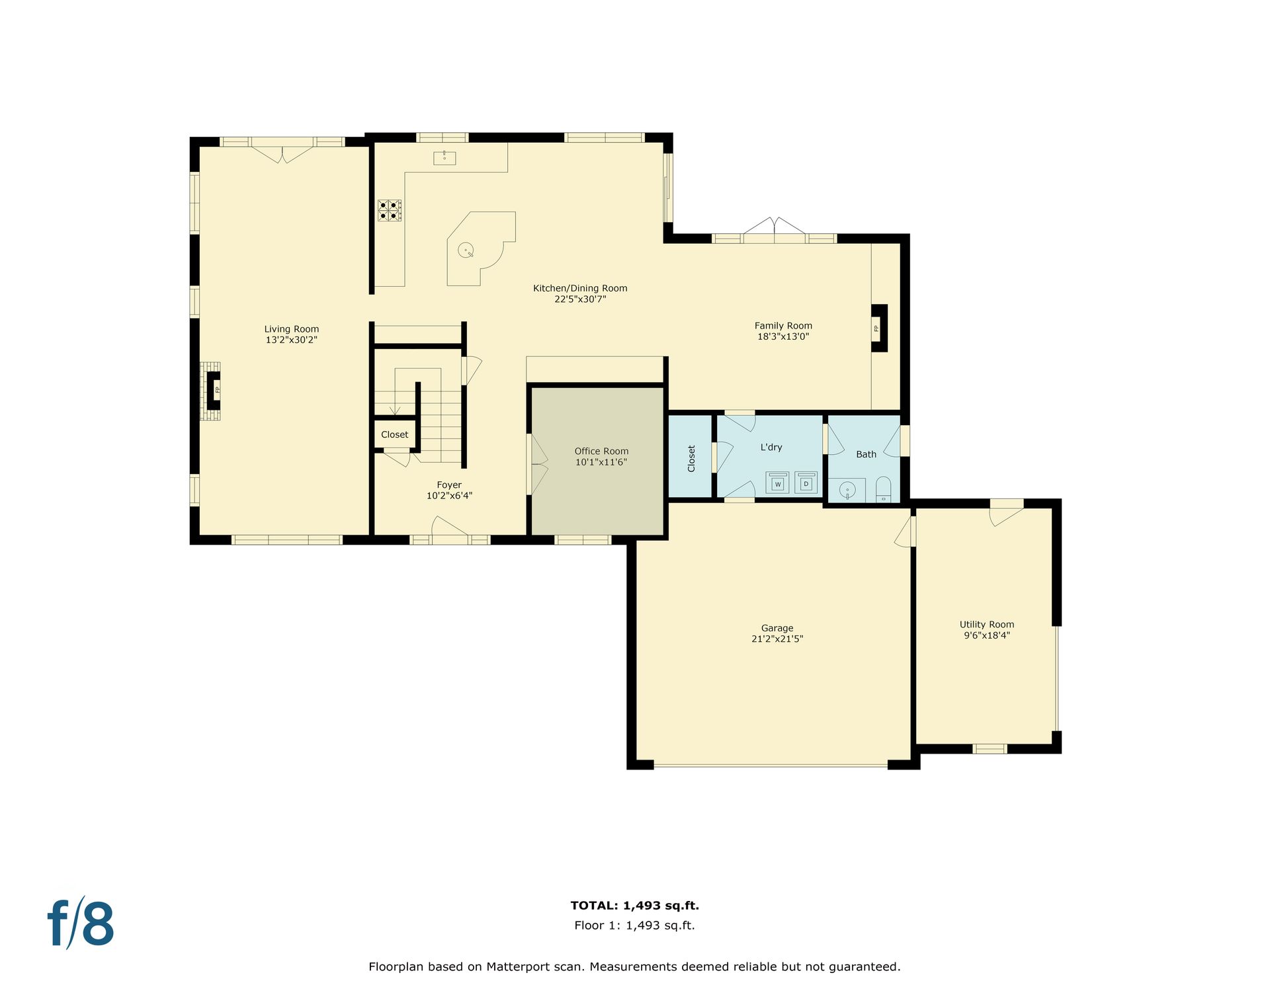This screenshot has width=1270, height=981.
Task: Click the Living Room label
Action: click(292, 329)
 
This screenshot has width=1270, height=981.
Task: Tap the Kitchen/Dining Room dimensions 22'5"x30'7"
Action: click(580, 299)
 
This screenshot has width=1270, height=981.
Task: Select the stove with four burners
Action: click(390, 210)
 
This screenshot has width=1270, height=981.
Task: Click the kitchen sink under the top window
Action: click(444, 157)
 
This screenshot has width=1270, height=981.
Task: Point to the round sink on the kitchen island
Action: click(466, 250)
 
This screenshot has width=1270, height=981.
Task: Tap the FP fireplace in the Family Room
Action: click(879, 328)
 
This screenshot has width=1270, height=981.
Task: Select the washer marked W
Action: click(778, 483)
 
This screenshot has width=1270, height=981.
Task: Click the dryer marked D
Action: click(806, 483)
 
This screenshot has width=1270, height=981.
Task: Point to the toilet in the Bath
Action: click(884, 490)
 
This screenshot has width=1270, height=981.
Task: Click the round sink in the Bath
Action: click(847, 490)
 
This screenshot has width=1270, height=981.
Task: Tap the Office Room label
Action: click(601, 451)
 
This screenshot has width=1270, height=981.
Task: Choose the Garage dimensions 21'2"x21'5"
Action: click(777, 639)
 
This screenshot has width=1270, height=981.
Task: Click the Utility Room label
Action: click(987, 625)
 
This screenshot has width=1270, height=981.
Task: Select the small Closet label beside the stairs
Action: click(395, 434)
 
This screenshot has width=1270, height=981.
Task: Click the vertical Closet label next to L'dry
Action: click(691, 458)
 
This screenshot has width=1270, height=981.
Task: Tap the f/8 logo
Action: click(81, 923)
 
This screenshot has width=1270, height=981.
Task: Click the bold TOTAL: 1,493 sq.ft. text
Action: click(635, 906)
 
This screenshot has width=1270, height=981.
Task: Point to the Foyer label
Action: click(449, 485)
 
